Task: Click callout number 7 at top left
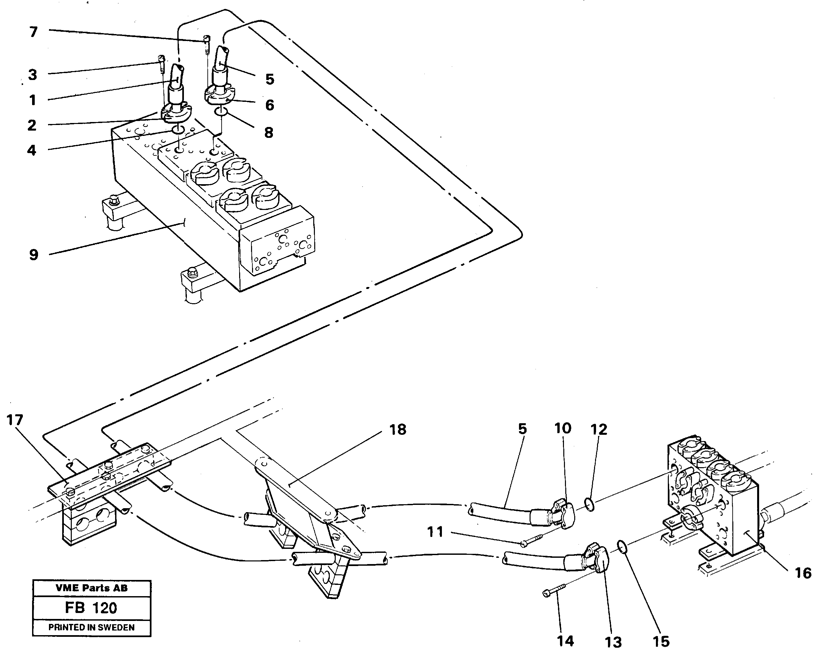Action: (x=33, y=32)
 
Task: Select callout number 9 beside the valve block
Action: (x=33, y=255)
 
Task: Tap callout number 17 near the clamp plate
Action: (x=15, y=420)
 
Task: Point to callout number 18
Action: (x=398, y=429)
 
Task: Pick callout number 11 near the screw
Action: (x=435, y=532)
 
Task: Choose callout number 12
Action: (x=599, y=429)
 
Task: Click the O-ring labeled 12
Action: (x=589, y=505)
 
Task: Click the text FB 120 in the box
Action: (x=91, y=608)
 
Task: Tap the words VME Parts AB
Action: (x=91, y=588)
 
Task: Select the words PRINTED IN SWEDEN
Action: (x=91, y=627)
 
